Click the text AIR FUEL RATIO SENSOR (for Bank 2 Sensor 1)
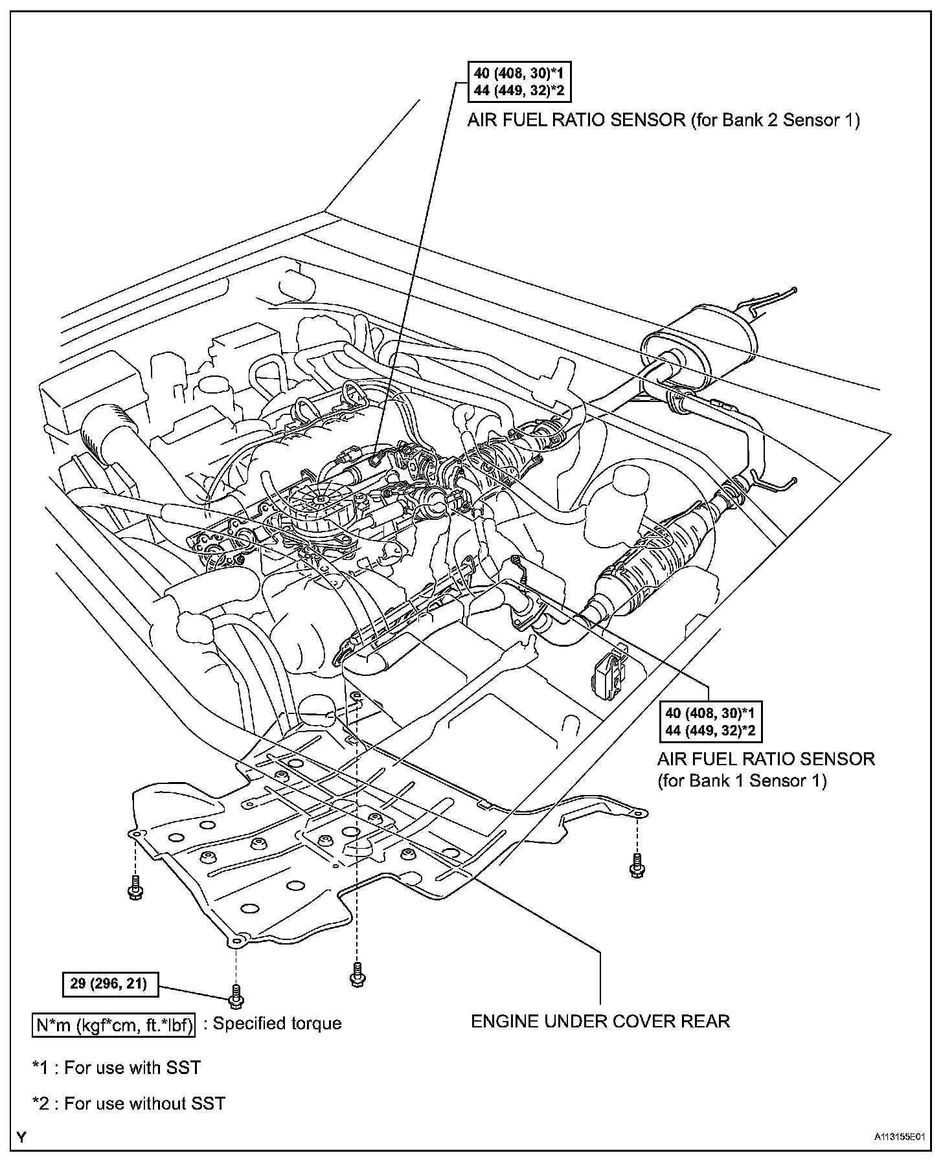664,120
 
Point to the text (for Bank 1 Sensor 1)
742,781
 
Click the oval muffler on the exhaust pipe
696,349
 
